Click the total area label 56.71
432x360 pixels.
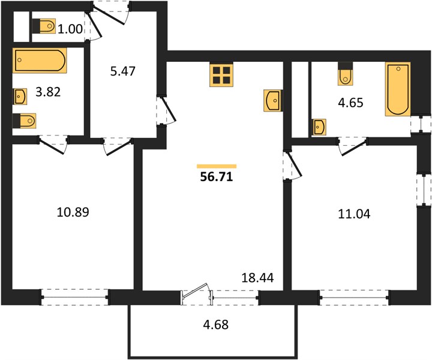pos(217,177)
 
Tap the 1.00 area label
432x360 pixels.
pos(70,29)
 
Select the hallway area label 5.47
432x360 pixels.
pos(122,71)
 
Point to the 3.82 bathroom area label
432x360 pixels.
pos(48,92)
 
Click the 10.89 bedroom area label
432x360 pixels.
pos(73,212)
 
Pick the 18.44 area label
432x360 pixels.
pos(257,278)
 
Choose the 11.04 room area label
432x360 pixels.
pos(354,214)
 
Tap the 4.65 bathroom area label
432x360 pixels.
pos(351,103)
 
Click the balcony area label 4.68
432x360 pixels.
pos(216,325)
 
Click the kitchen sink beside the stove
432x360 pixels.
pos(272,101)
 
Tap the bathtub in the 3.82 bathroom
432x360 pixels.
pos(40,61)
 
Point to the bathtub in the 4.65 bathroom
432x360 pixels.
pos(398,89)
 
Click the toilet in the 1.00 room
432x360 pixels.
pos(44,26)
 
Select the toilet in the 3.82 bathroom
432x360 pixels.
pos(24,121)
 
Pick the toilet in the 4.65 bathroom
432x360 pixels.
pos(346,74)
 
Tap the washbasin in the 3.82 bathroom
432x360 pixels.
pos(20,97)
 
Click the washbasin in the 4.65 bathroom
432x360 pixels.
pos(319,127)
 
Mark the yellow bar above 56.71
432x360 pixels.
pos(217,166)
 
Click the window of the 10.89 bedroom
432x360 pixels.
pos(74,297)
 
